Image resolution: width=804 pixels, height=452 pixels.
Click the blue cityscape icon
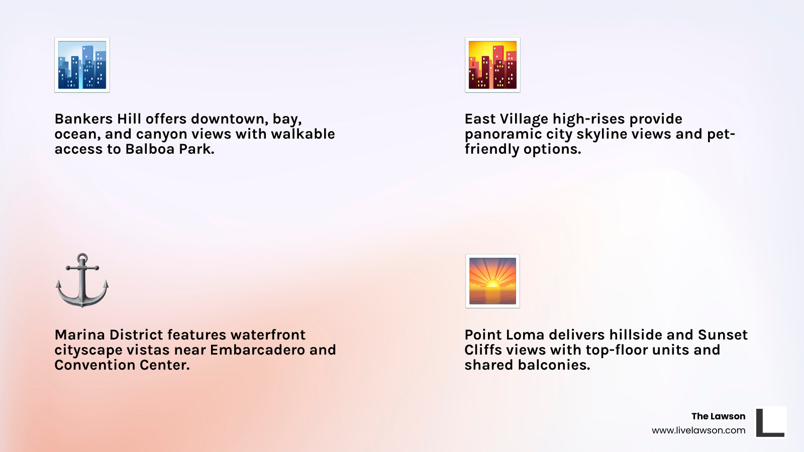pos(82,65)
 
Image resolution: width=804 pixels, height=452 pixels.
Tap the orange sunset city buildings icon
pos(492,65)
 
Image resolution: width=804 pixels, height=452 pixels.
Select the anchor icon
pos(82,280)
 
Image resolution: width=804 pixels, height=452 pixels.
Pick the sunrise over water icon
pos(492,281)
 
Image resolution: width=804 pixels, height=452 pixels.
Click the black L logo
pos(770,422)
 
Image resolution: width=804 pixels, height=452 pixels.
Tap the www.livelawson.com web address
pos(698,430)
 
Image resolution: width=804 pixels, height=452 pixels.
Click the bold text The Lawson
pos(718,416)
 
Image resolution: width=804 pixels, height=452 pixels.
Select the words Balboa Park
pos(169,149)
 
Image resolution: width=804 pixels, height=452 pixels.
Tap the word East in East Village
pos(480,119)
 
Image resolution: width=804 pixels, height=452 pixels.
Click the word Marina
pos(79,335)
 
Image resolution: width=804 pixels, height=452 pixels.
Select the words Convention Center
pos(122,365)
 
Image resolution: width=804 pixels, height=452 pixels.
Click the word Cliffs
pos(483,350)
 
